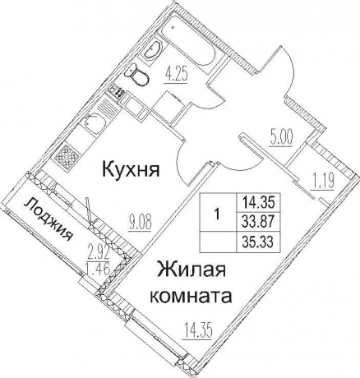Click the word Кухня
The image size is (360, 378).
point(130,170)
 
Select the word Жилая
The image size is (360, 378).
point(192,271)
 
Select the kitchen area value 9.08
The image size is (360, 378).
point(139,219)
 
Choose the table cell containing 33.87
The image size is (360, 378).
point(257,218)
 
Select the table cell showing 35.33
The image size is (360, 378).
point(257,241)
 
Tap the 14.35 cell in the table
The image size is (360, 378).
point(257,200)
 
